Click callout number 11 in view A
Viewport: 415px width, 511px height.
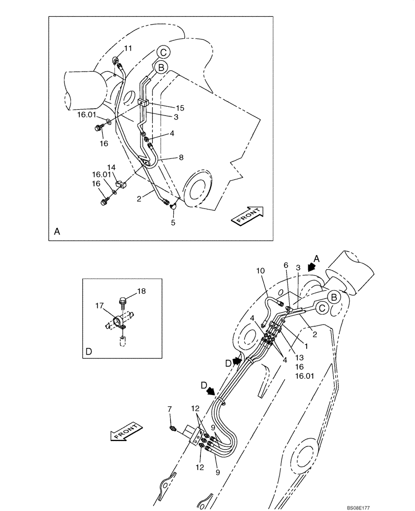pyautogui.click(x=128, y=48)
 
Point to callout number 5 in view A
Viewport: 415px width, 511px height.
pyautogui.click(x=173, y=223)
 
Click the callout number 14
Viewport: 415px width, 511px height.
pyautogui.click(x=111, y=167)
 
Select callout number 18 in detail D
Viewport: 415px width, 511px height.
pyautogui.click(x=141, y=291)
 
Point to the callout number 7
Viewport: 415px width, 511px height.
pyautogui.click(x=170, y=409)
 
